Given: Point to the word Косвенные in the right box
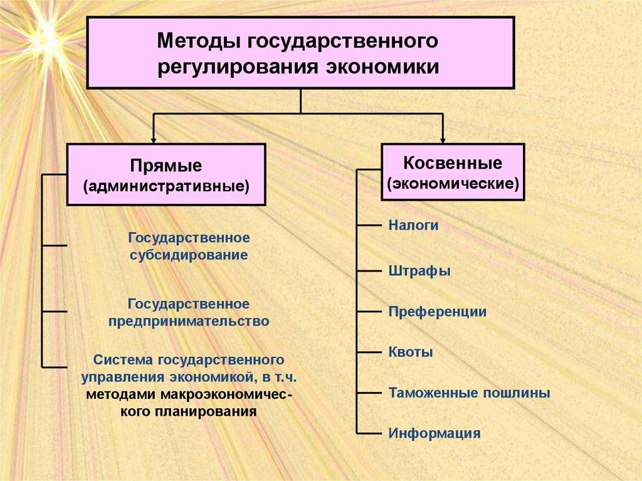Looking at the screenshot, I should coord(453,164).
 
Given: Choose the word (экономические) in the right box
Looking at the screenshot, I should coord(453,184).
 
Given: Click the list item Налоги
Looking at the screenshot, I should coord(413,225).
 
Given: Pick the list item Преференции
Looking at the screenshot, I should coord(437,312).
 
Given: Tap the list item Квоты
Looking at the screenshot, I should coord(411,352).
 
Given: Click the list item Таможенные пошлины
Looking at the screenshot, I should coord(469,393).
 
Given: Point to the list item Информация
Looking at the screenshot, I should coord(434,433).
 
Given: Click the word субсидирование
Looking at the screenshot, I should coord(189,255).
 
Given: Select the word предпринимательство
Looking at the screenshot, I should coord(189,321).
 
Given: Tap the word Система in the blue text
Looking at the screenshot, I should coord(123,361).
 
